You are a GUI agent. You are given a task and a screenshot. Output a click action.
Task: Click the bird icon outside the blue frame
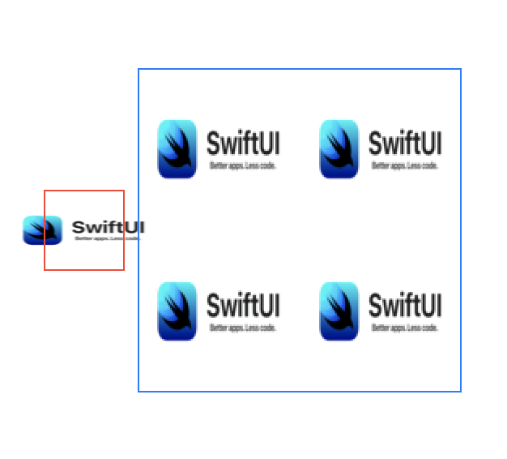(x=42, y=230)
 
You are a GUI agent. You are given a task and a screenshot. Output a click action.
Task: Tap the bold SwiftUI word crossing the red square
(x=108, y=227)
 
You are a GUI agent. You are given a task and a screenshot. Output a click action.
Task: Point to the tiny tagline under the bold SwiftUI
(x=107, y=238)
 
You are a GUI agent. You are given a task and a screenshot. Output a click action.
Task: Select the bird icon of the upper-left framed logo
(x=177, y=149)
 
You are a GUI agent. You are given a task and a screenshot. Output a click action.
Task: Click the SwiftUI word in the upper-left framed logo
(x=243, y=144)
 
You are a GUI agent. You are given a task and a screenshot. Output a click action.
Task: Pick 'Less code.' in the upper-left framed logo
(x=261, y=165)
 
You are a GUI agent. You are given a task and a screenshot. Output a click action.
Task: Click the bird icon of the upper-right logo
(x=339, y=149)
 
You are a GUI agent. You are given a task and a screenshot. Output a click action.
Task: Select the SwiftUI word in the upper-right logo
(x=405, y=144)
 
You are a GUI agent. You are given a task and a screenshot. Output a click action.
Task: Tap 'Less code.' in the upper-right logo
(x=423, y=165)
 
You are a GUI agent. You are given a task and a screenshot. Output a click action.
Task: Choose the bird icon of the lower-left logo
(x=177, y=311)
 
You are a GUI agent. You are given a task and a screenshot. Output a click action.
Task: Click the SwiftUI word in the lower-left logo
(x=243, y=306)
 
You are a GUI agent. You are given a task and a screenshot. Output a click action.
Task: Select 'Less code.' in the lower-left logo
(x=261, y=328)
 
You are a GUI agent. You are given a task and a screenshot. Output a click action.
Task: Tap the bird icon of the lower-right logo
(x=339, y=311)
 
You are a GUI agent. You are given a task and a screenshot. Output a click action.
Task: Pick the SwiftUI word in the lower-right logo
(x=405, y=306)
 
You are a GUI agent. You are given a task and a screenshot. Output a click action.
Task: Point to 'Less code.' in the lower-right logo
(x=423, y=328)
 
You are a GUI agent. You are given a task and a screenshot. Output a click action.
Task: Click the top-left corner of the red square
(x=45, y=191)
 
